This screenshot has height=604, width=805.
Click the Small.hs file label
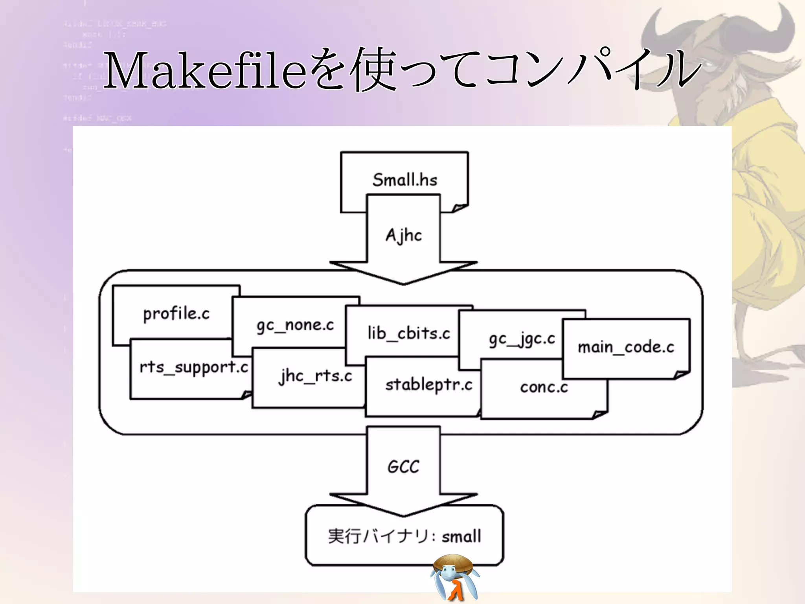point(405,180)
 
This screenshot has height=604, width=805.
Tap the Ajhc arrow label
point(404,236)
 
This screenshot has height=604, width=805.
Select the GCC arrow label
point(403,467)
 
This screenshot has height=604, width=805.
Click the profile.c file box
point(176,313)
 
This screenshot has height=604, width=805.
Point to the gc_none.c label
point(295,325)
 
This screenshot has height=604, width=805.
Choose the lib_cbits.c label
point(409,333)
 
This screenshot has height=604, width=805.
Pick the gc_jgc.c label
point(522,339)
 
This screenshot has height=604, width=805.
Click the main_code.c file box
point(626,347)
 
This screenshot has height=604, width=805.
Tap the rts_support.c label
point(194,367)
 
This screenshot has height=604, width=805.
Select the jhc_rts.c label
point(315,376)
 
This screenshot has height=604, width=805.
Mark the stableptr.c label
point(428,385)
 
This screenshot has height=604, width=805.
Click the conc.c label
point(544,387)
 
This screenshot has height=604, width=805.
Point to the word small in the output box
point(461,536)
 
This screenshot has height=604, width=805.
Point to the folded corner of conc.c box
point(600,414)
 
